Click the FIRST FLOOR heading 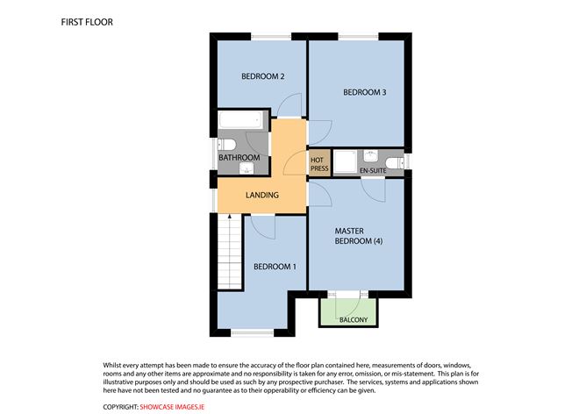87,22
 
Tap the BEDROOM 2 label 262,76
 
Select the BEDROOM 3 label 364,92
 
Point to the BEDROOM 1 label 275,267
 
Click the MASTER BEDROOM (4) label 359,236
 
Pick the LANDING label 262,195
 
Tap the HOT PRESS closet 319,163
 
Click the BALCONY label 354,320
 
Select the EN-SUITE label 373,171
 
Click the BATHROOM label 239,158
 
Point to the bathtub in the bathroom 240,120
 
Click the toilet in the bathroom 226,144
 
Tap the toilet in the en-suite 394,163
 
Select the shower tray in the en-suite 345,162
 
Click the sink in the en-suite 371,156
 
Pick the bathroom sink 247,168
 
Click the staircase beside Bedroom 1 230,252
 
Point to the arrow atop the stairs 230,218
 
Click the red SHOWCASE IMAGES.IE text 172,407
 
